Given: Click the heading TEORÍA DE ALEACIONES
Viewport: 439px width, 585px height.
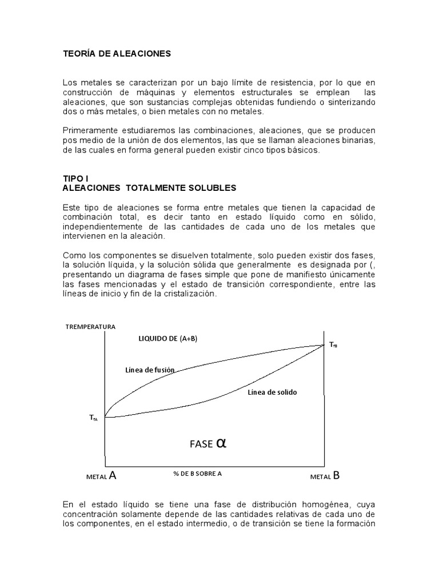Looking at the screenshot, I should (117, 54).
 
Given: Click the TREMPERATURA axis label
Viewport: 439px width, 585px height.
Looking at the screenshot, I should (90, 327).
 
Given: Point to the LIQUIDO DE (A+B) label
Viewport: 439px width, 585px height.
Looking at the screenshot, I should (168, 338).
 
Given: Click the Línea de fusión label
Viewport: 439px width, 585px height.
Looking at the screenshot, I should (150, 370).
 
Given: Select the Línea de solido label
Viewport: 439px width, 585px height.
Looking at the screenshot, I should (273, 392).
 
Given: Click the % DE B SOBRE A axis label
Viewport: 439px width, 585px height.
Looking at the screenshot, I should (197, 474).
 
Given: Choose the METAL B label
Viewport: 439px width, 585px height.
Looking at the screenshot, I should (325, 475).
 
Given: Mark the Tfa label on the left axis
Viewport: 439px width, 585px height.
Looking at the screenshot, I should (94, 418).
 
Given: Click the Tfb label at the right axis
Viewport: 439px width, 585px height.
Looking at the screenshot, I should (333, 345).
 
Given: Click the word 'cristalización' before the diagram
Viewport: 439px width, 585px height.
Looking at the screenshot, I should (191, 293).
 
